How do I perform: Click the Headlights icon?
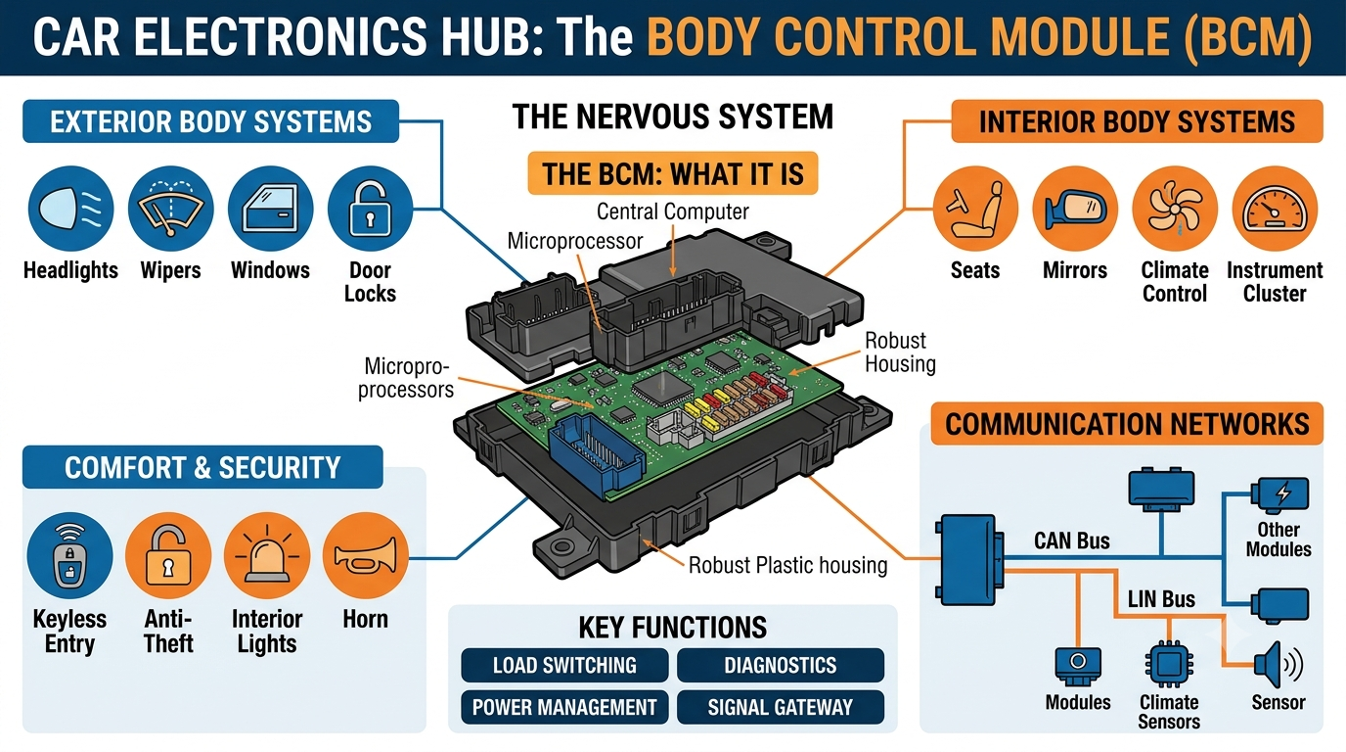(70, 209)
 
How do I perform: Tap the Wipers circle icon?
(171, 209)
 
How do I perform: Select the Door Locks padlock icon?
(370, 209)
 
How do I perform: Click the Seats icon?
(975, 209)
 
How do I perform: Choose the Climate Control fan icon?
(1175, 209)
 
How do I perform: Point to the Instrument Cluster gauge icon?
(1275, 209)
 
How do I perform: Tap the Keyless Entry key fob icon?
(69, 555)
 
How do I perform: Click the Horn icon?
(365, 555)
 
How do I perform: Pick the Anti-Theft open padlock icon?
(168, 555)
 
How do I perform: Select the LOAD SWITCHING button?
(564, 666)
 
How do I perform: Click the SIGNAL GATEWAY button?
(781, 707)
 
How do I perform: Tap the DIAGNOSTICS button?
(781, 666)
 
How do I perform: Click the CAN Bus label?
(1072, 540)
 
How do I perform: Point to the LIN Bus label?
(1161, 599)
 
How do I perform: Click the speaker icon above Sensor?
(1279, 665)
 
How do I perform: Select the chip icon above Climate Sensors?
(1169, 665)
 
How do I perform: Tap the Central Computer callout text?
(672, 211)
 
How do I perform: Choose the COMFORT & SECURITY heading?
(202, 467)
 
